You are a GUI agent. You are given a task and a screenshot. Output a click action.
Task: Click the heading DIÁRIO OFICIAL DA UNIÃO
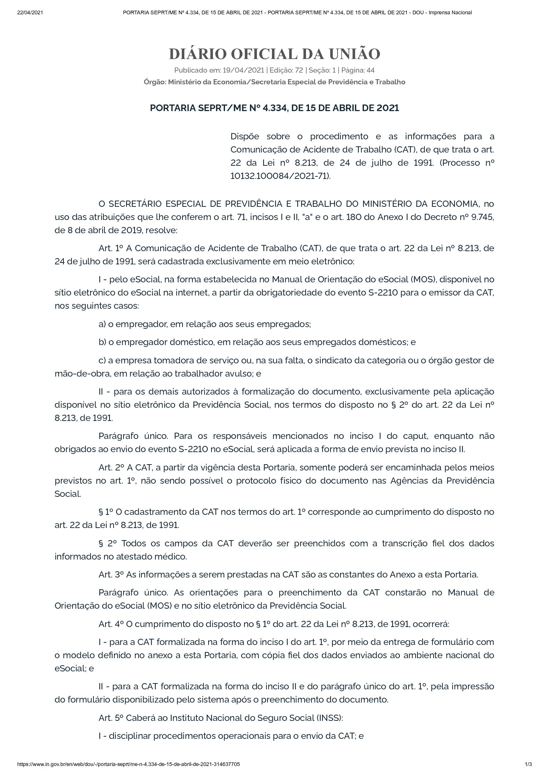[x=274, y=54]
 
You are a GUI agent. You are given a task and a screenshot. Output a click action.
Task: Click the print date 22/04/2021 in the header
[x=30, y=12]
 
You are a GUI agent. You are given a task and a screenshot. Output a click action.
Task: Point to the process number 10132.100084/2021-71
[x=279, y=176]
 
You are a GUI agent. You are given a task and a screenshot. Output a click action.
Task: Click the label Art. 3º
[x=111, y=574]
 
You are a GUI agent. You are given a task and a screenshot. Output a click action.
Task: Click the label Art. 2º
[x=111, y=468]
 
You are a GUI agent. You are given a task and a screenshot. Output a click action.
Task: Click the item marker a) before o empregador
[x=102, y=324]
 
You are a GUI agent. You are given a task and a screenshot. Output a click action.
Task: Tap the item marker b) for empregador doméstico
[x=102, y=342]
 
